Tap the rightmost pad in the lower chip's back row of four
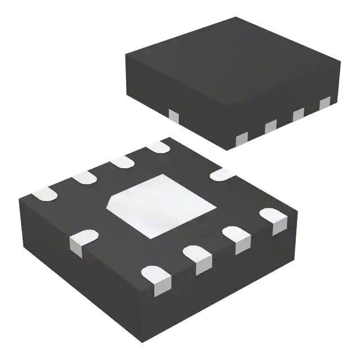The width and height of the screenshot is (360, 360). [159, 147]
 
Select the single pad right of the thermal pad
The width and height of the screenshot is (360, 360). [223, 175]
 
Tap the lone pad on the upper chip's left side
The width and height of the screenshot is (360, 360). [174, 115]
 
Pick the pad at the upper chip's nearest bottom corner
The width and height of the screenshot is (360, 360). [242, 138]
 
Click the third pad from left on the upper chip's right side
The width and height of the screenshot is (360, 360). [298, 114]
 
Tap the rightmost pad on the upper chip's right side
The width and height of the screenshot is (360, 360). [325, 103]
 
